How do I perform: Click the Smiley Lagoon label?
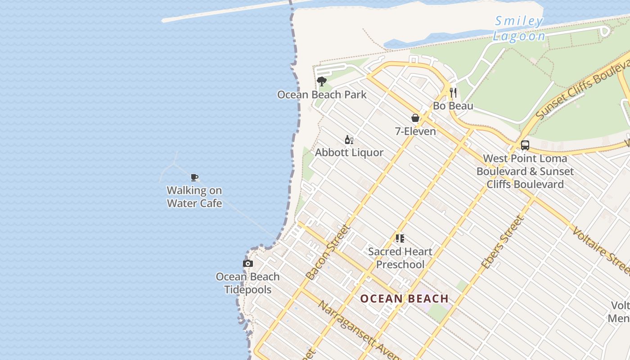pyautogui.click(x=519, y=28)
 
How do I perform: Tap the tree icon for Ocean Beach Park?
pyautogui.click(x=321, y=81)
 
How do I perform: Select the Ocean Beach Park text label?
pyautogui.click(x=322, y=94)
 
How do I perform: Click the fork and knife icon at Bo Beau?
pyautogui.click(x=453, y=93)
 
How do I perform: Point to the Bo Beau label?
pyautogui.click(x=453, y=106)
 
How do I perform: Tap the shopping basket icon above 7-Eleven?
pyautogui.click(x=415, y=118)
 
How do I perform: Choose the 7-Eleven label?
pyautogui.click(x=415, y=131)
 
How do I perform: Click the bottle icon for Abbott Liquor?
pyautogui.click(x=349, y=139)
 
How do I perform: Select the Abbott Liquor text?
pyautogui.click(x=349, y=153)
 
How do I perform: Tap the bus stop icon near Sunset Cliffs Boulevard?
pyautogui.click(x=525, y=145)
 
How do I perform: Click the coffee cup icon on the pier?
pyautogui.click(x=194, y=177)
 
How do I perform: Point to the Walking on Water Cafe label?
pyautogui.click(x=194, y=197)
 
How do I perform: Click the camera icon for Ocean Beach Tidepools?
pyautogui.click(x=248, y=264)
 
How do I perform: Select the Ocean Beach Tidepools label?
pyautogui.click(x=248, y=283)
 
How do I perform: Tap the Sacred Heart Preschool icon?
pyautogui.click(x=400, y=238)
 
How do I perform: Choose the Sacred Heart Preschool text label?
pyautogui.click(x=400, y=258)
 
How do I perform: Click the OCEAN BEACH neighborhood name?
pyautogui.click(x=405, y=299)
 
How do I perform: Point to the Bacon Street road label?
pyautogui.click(x=327, y=252)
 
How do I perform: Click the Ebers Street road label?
pyautogui.click(x=503, y=243)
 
